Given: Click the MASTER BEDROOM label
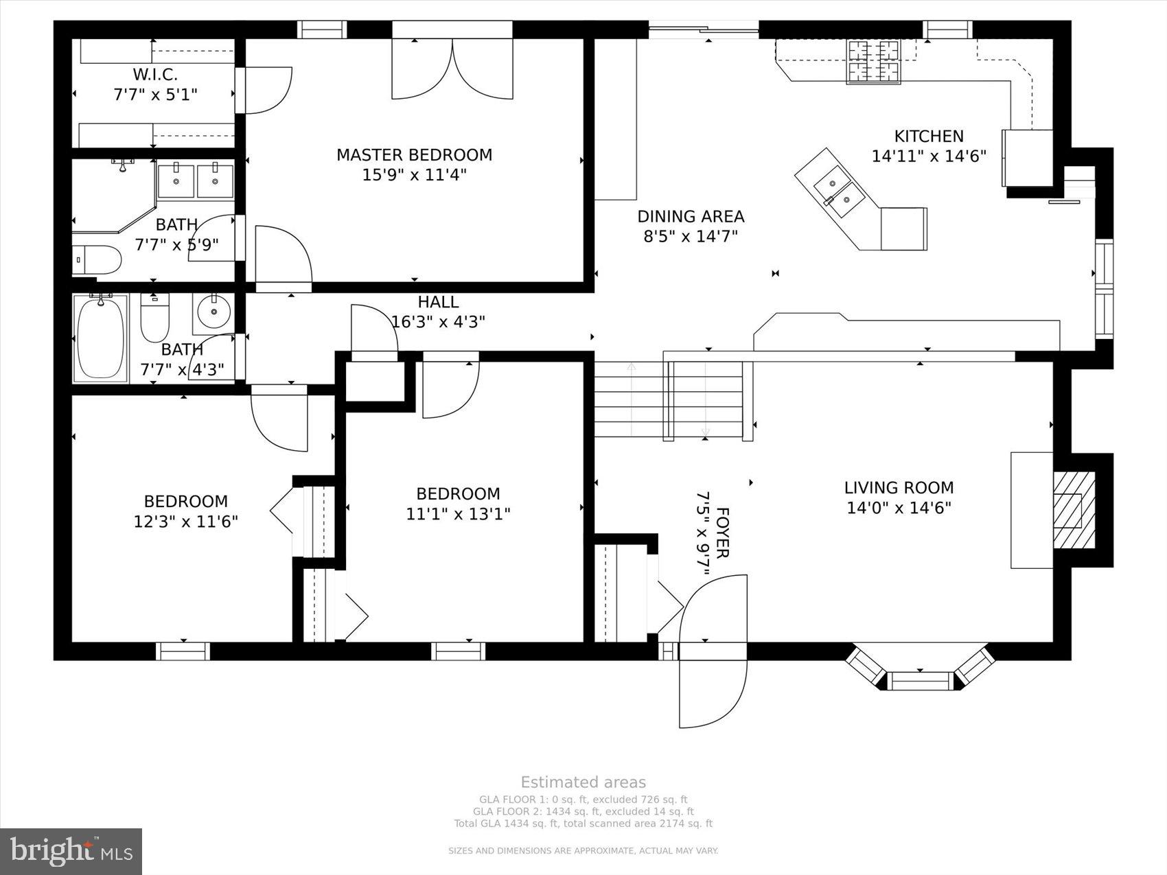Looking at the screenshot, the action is click(x=414, y=155).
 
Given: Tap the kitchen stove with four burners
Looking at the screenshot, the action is click(x=874, y=62).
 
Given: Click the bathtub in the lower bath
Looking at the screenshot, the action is click(x=100, y=337).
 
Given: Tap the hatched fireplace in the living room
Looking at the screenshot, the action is click(x=1074, y=510).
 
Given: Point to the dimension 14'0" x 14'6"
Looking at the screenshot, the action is click(x=899, y=509).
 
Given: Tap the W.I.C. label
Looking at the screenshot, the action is click(x=155, y=74).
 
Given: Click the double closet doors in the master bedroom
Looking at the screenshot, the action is click(x=452, y=69).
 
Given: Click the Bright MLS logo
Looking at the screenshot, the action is click(x=71, y=851).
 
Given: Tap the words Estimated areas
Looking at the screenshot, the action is click(x=583, y=782).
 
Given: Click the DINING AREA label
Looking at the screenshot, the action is click(x=691, y=217).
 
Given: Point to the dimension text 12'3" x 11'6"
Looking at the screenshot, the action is click(x=185, y=522).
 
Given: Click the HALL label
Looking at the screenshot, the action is click(x=438, y=302).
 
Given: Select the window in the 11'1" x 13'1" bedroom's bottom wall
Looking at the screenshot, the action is click(x=458, y=650).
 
